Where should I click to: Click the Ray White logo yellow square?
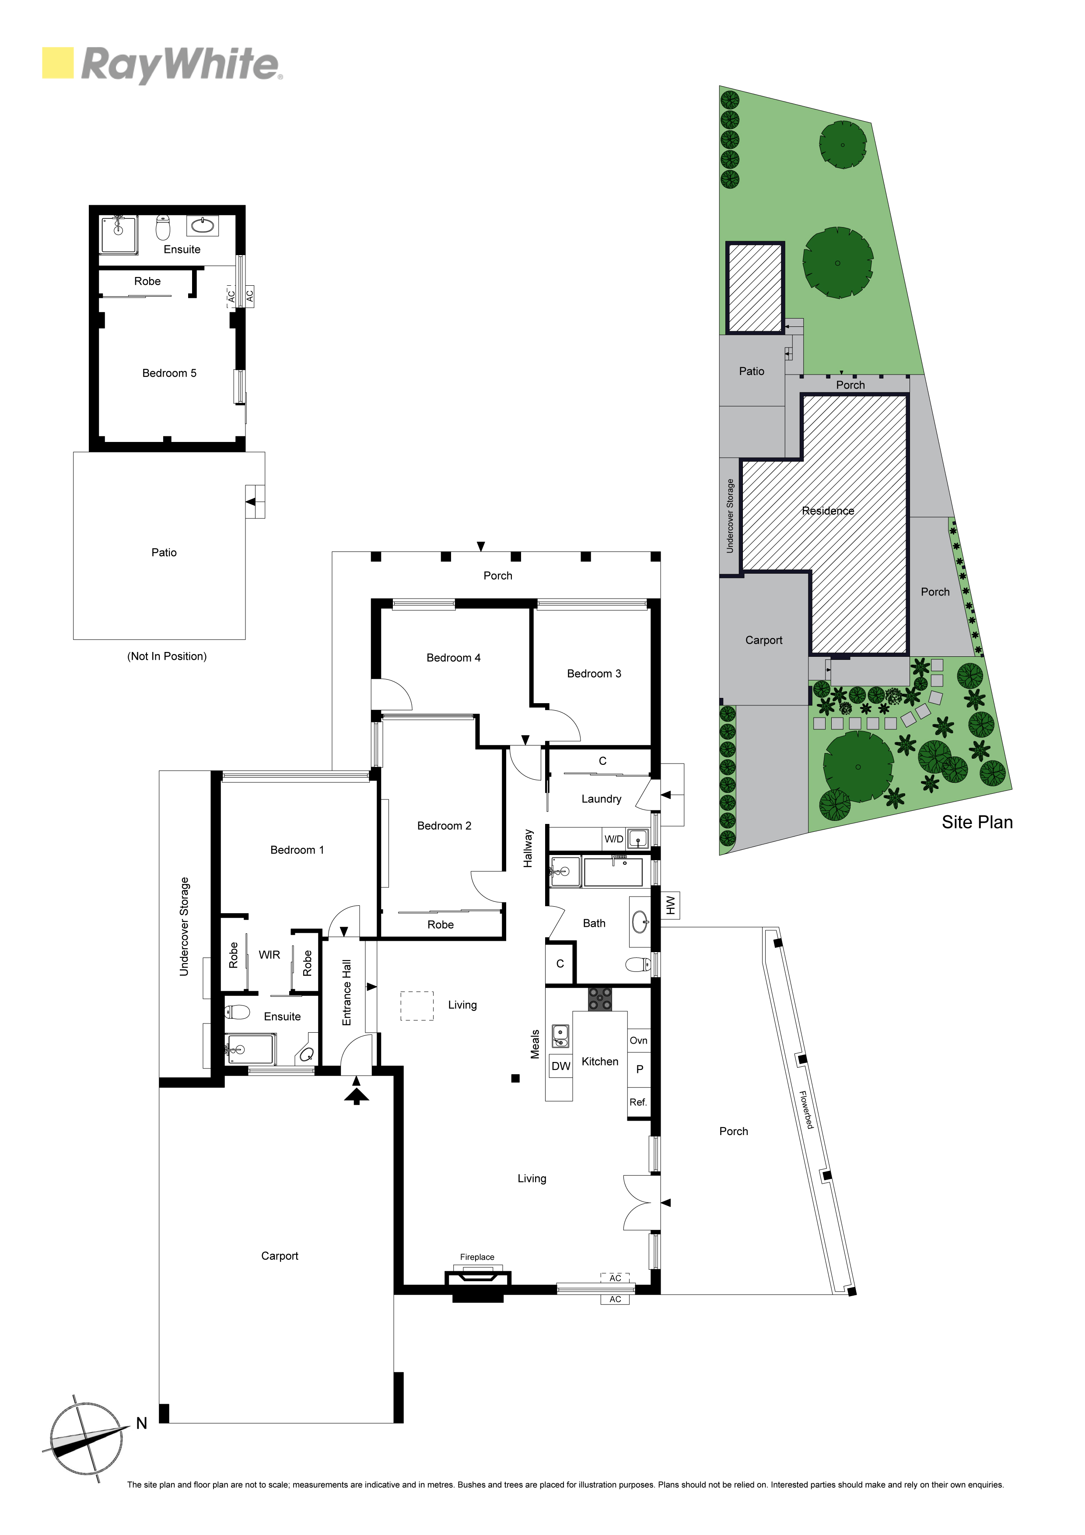click(58, 63)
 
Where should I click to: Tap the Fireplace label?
click(477, 1257)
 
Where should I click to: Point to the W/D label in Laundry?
click(614, 839)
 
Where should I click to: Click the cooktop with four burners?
click(600, 999)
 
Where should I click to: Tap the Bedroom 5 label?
click(169, 373)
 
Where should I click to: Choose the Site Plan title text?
click(977, 822)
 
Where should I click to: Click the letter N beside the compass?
click(142, 1423)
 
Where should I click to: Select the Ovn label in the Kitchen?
click(638, 1040)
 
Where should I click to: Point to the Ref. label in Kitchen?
click(638, 1102)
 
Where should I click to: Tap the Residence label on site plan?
click(828, 511)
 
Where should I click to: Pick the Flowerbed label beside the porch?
click(807, 1111)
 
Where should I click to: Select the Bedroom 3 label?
click(594, 673)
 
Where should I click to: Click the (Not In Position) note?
click(167, 656)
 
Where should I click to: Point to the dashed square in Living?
click(417, 1006)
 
